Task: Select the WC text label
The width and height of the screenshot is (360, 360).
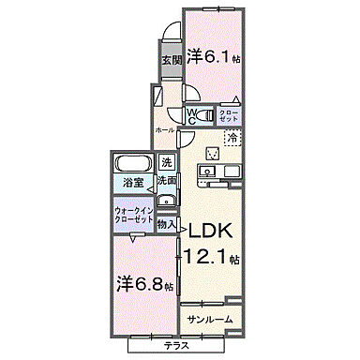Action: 191,115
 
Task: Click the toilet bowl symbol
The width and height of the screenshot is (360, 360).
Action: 191,97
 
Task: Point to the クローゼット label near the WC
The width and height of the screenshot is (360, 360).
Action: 228,116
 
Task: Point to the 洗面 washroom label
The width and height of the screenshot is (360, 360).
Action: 167,179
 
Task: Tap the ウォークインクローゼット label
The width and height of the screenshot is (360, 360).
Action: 132,214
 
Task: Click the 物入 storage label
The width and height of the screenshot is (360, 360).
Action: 166,225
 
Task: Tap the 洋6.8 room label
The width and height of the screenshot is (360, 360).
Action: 138,282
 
